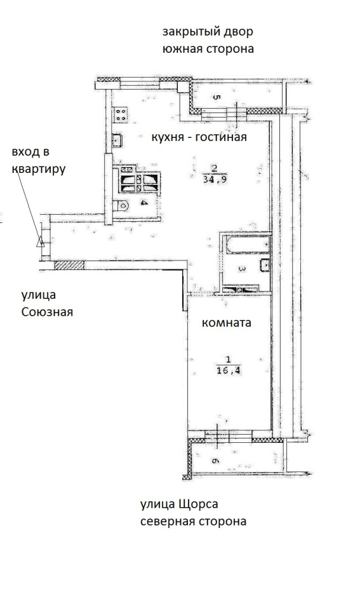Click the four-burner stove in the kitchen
(121, 114)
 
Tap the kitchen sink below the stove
(117, 140)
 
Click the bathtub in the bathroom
(248, 245)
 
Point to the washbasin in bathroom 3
(265, 264)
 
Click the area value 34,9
(215, 179)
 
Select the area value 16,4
(229, 370)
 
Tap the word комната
(226, 323)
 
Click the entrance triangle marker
(39, 242)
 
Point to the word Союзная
(47, 312)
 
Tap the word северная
(166, 521)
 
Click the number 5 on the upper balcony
(217, 97)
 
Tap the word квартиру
(39, 169)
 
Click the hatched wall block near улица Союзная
(69, 266)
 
